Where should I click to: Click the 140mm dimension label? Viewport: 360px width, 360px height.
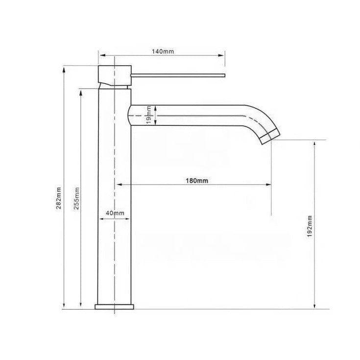163,51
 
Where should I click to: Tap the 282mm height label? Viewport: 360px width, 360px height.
59,198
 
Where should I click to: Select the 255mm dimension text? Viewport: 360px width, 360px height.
76,198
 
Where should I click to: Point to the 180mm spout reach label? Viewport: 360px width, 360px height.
197,181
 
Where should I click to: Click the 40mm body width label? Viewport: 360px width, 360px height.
115,213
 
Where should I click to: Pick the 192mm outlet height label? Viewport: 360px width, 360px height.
310,226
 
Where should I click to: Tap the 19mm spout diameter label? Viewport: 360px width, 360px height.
149,115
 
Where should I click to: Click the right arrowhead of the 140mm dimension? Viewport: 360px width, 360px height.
221,55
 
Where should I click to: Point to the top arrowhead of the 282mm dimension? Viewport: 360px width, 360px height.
64,70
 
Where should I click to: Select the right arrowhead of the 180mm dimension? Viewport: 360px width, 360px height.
268,184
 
